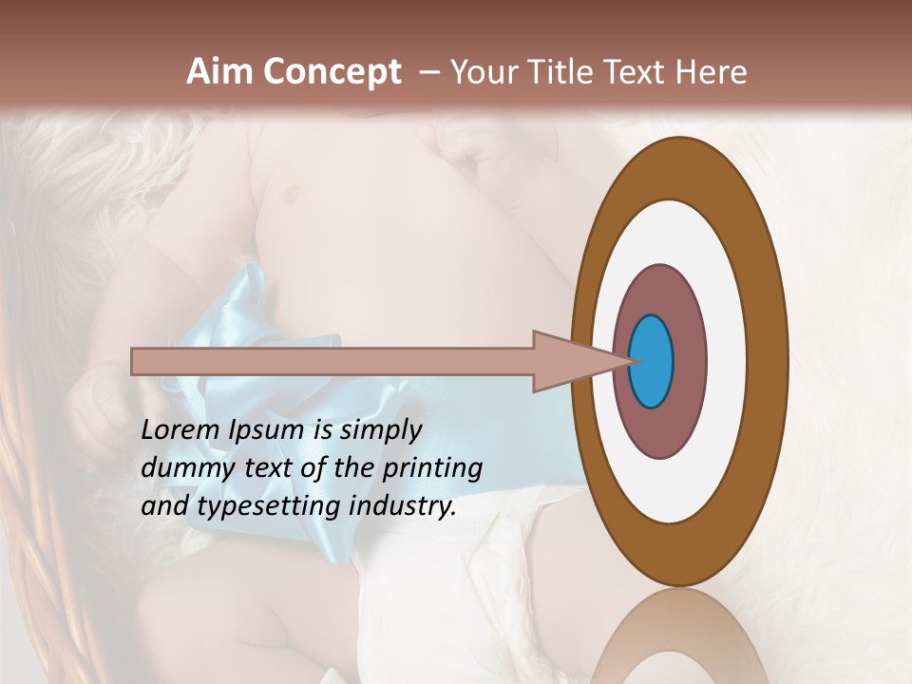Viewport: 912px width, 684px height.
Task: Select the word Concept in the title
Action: pos(332,71)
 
